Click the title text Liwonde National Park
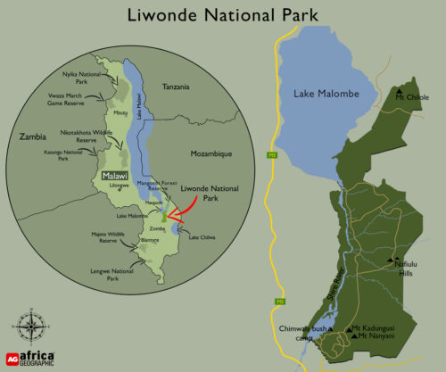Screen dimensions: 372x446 click(222, 15)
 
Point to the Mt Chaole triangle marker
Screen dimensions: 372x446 click(397, 91)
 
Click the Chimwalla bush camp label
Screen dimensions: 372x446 click(300, 332)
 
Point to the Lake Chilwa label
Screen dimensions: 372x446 click(201, 236)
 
